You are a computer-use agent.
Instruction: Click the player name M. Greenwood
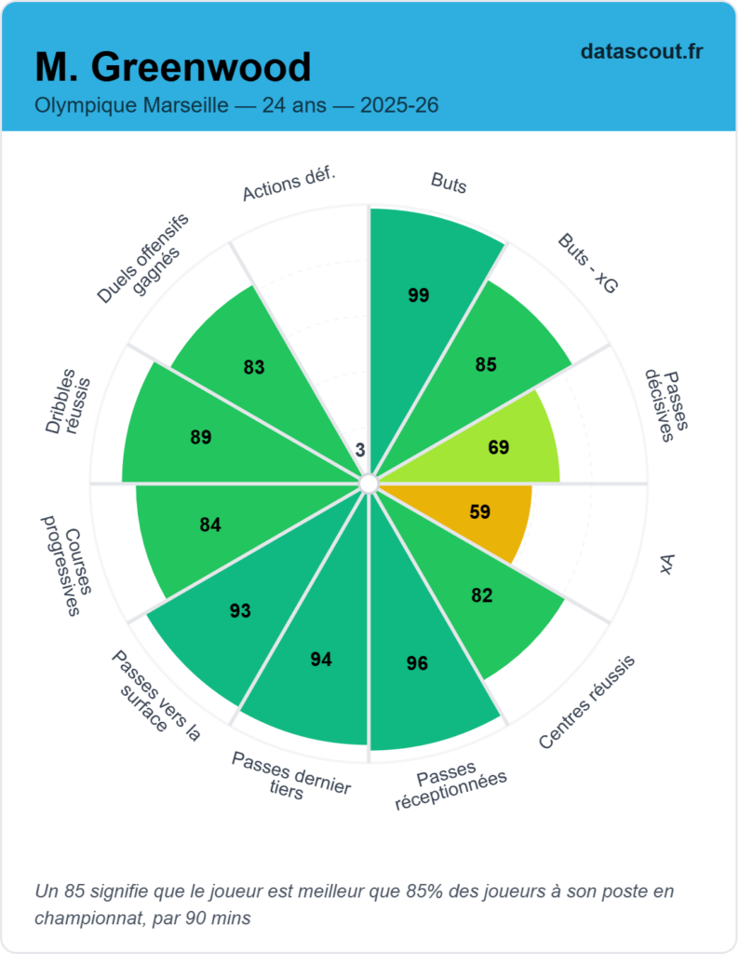coord(173,67)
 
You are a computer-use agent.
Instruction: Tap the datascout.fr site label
coord(641,51)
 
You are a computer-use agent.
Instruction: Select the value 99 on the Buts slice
coord(419,295)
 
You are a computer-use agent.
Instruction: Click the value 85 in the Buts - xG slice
coord(486,364)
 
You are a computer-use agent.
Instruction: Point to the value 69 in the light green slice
coord(499,447)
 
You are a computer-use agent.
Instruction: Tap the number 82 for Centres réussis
coord(482,595)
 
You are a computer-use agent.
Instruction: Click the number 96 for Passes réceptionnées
coord(417,663)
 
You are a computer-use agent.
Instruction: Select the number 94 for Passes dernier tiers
coord(321,660)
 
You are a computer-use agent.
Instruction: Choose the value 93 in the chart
coord(240,611)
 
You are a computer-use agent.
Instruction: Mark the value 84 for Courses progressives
coord(210,525)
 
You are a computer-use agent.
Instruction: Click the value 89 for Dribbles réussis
coord(201,436)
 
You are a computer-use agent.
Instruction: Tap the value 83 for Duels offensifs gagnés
coord(254,367)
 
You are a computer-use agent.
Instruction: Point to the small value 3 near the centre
coord(360,450)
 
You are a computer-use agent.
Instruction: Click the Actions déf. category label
coord(289,185)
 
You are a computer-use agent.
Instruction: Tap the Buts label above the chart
coord(449,183)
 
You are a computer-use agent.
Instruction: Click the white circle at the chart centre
coord(369,484)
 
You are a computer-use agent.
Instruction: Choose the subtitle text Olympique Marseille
coord(131,105)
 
